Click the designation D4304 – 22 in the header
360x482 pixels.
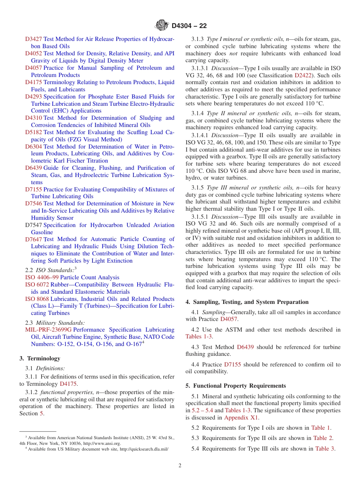[189, 26]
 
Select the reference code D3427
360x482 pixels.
[34, 39]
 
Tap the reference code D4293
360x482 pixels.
[34, 97]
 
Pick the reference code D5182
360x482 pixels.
[34, 132]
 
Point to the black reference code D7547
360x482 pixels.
[34, 225]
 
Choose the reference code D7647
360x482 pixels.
[34, 239]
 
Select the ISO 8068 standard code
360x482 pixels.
[37, 299]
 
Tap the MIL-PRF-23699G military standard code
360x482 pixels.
[48, 330]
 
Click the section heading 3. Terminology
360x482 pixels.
[40, 358]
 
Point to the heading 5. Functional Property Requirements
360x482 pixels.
[236, 386]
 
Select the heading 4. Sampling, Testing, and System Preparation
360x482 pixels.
[247, 302]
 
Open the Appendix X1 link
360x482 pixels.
[241, 418]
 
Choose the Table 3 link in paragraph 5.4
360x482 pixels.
[324, 449]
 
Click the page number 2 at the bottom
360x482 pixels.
[180, 466]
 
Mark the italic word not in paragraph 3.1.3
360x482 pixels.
[233, 53]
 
